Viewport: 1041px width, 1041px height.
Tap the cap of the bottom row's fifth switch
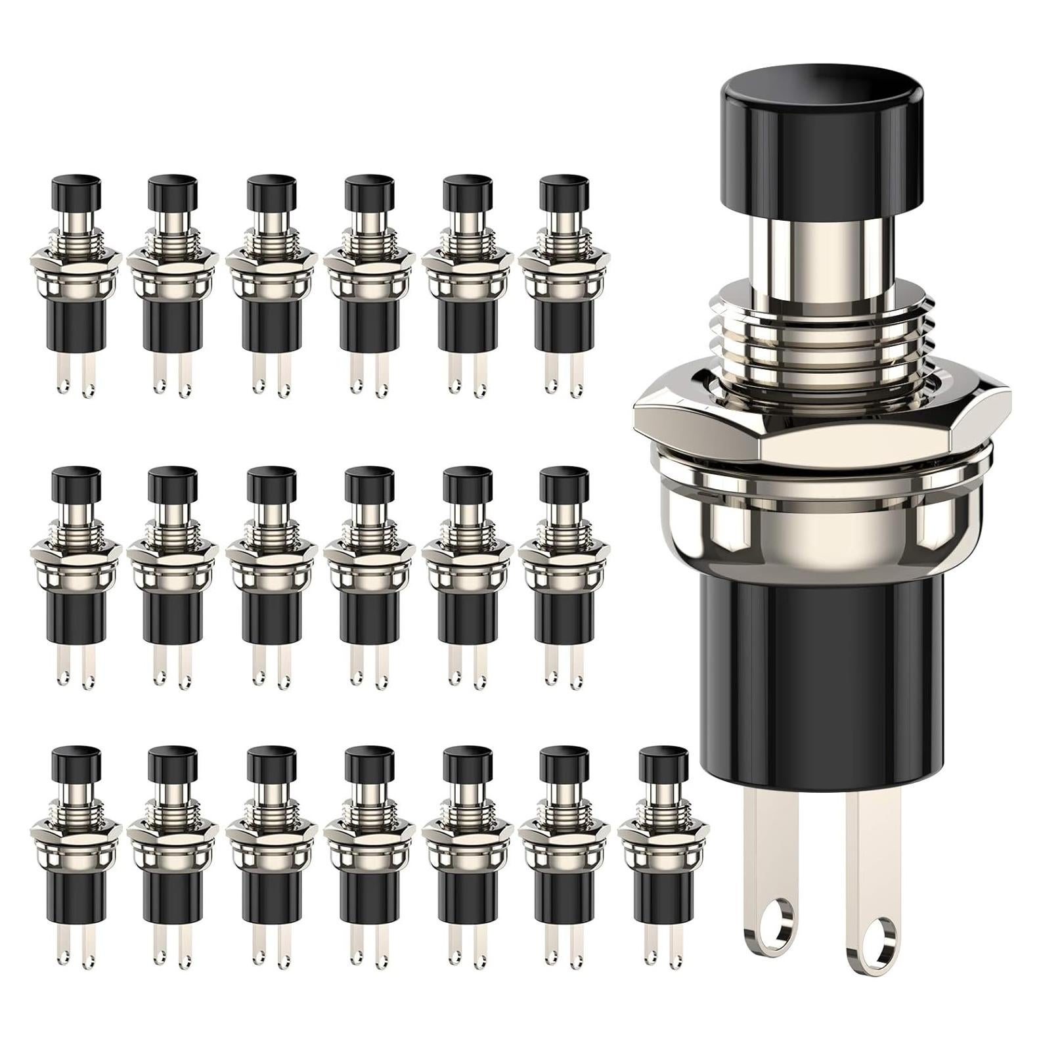(467, 762)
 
